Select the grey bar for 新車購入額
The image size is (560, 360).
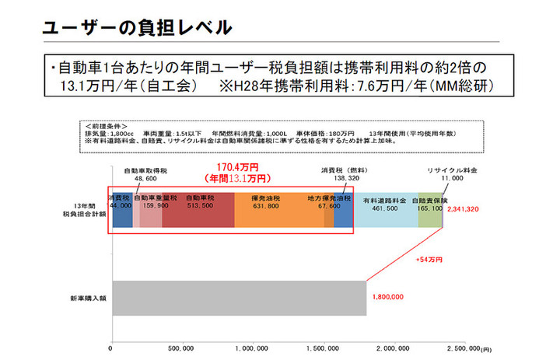coord(239,297)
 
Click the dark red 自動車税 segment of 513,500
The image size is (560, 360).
coord(198,209)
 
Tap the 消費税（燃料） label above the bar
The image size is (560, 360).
coord(340,170)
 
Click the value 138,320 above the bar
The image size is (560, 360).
coord(340,178)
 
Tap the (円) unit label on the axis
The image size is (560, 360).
coord(486,350)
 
